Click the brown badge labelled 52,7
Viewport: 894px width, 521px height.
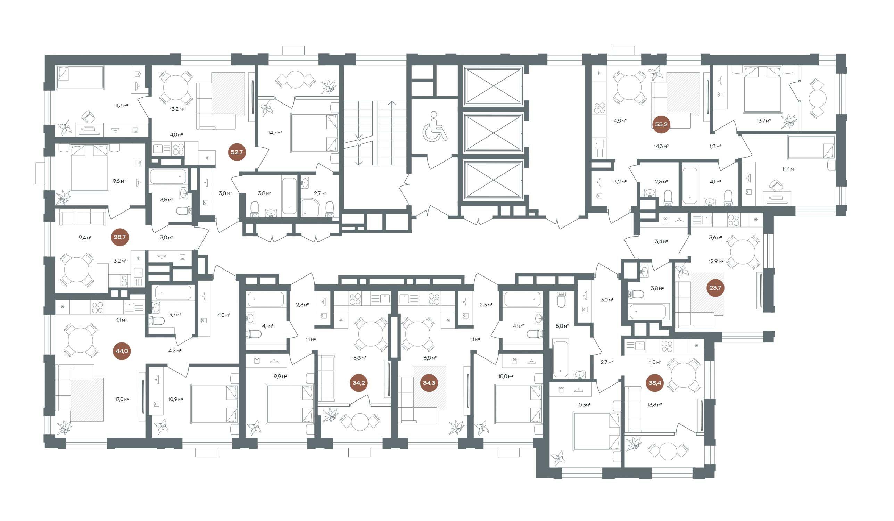(237, 152)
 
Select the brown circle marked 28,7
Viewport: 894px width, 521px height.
(119, 237)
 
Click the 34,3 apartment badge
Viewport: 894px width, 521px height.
(429, 383)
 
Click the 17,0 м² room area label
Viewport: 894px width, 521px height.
(122, 399)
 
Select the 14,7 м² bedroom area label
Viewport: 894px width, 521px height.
(275, 133)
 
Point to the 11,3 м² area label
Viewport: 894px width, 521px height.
(121, 105)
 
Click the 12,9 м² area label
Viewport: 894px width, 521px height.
(716, 261)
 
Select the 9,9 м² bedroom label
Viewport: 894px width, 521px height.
(280, 376)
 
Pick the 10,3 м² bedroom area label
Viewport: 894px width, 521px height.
(583, 404)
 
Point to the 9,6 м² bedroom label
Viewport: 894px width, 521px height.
(119, 181)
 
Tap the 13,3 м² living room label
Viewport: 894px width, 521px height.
(655, 404)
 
